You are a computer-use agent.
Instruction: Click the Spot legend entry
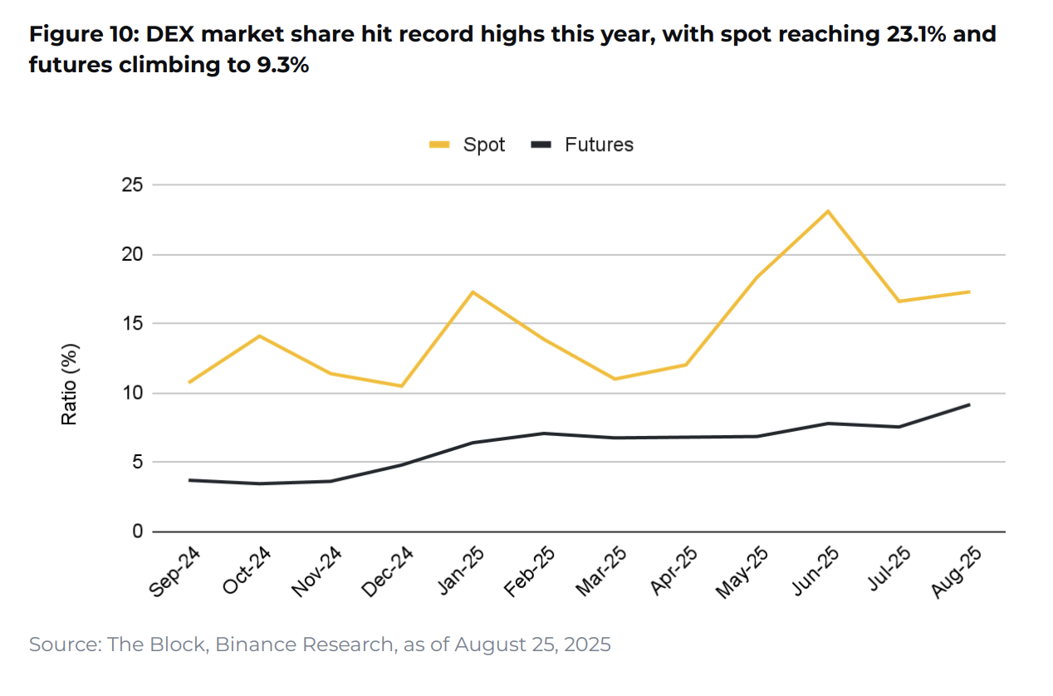pyautogui.click(x=468, y=145)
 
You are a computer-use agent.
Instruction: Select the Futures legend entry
pyautogui.click(x=583, y=145)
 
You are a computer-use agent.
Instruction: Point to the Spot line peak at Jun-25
pyautogui.click(x=828, y=211)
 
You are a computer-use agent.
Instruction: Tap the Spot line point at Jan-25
pyautogui.click(x=473, y=292)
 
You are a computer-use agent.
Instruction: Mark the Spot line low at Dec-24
pyautogui.click(x=402, y=386)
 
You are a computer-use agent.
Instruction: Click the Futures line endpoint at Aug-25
pyautogui.click(x=969, y=404)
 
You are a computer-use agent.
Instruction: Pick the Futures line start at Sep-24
pyautogui.click(x=189, y=480)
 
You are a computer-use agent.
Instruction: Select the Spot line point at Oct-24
pyautogui.click(x=260, y=336)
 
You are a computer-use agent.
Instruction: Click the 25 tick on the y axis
pyautogui.click(x=131, y=185)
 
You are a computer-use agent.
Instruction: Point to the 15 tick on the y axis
pyautogui.click(x=131, y=324)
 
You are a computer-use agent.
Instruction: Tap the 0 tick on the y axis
pyautogui.click(x=136, y=532)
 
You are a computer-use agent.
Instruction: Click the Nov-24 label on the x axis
pyautogui.click(x=315, y=572)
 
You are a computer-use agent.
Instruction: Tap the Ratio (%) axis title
pyautogui.click(x=70, y=384)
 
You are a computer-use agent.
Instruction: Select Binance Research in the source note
pyautogui.click(x=305, y=645)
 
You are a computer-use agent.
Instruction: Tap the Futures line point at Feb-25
pyautogui.click(x=544, y=433)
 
